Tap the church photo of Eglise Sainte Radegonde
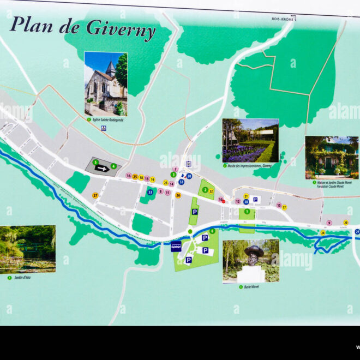click(x=106, y=83)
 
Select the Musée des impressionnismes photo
click(x=250, y=140)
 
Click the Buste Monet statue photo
click(x=251, y=261)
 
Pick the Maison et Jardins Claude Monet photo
click(x=332, y=157)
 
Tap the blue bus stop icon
click(x=176, y=247)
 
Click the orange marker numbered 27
click(x=95, y=195)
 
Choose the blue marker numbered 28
click(x=189, y=176)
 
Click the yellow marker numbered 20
click(x=345, y=223)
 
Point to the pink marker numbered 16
click(x=128, y=176)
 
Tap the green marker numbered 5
click(x=95, y=162)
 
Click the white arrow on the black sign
click(x=102, y=169)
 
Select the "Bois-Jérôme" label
click(x=283, y=19)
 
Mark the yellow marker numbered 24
click(x=323, y=233)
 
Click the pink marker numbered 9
click(x=329, y=223)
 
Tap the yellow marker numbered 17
click(x=284, y=207)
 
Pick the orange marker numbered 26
click(x=178, y=195)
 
